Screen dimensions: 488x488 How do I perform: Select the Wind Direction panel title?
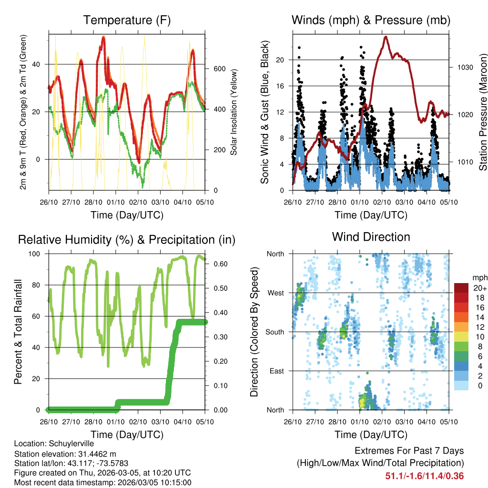[x=371, y=237]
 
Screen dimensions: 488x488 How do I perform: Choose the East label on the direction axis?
[x=277, y=371]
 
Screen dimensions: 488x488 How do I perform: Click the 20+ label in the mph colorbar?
[x=480, y=288]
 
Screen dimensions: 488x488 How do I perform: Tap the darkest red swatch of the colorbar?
[x=461, y=288]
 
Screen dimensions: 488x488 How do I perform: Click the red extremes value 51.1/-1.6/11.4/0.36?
[x=425, y=476]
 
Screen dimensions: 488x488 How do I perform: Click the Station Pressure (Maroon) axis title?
[x=483, y=112]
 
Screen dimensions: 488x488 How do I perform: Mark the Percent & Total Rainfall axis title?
[x=18, y=332]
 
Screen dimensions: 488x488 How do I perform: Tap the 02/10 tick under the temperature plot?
[x=138, y=202]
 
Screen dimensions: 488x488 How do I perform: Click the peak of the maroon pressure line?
[x=386, y=37]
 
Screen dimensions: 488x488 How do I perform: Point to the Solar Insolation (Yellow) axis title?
[x=234, y=112]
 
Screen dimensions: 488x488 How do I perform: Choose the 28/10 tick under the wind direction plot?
[x=337, y=421]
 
